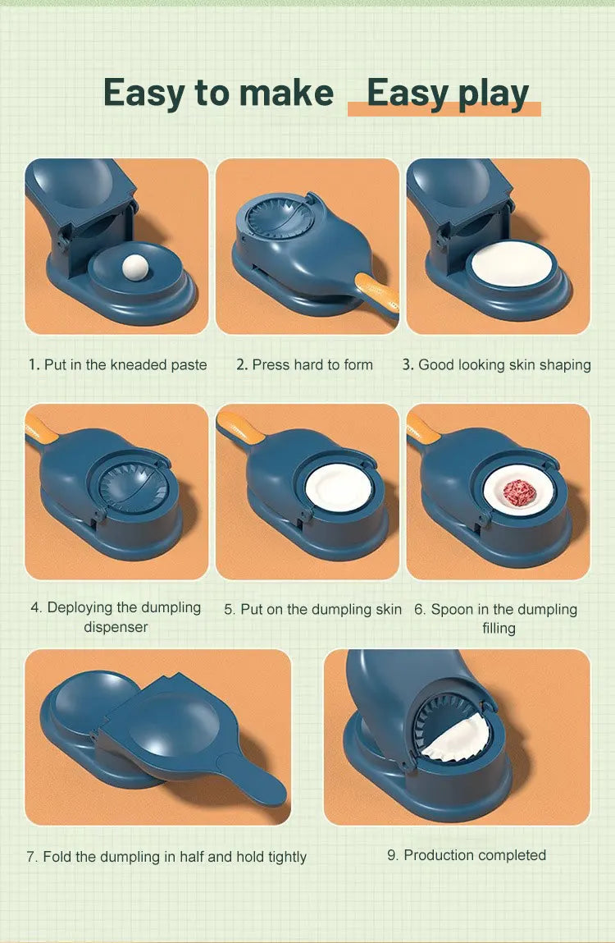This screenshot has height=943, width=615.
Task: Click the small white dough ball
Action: tap(131, 267)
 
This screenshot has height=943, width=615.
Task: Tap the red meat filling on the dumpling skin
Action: tap(518, 492)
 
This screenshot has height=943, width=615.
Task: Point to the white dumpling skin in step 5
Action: tap(339, 488)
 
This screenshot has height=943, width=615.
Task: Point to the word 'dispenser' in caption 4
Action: tap(116, 627)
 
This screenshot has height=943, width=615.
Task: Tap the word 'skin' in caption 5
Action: tap(386, 609)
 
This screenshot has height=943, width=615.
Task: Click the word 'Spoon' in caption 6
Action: tap(452, 609)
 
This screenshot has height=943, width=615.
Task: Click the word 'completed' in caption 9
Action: tap(510, 855)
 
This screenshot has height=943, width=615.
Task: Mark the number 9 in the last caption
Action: tap(392, 855)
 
